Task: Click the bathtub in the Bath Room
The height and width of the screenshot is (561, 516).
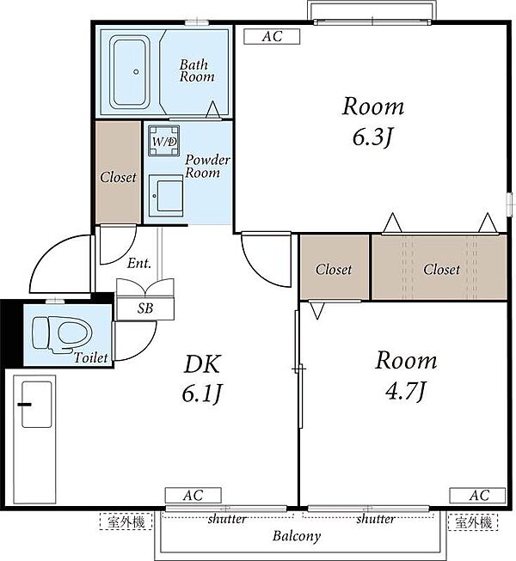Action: [130, 72]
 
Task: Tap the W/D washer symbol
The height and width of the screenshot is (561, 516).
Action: [164, 141]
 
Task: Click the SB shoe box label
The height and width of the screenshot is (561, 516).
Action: [145, 308]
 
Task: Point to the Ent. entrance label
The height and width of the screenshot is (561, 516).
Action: [139, 264]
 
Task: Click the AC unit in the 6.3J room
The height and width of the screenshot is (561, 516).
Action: [272, 36]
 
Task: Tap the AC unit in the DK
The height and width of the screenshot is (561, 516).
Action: [193, 496]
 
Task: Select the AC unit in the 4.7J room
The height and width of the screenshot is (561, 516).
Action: [477, 496]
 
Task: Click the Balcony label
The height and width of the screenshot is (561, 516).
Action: [297, 536]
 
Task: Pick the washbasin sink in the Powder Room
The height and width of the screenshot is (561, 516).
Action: [166, 196]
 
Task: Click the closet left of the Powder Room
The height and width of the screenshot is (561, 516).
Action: [118, 172]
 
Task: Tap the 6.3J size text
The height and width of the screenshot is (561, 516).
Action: [372, 137]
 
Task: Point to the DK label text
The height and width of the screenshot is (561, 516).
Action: [202, 364]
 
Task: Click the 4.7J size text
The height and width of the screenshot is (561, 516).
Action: [406, 391]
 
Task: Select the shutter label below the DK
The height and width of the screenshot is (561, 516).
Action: [227, 518]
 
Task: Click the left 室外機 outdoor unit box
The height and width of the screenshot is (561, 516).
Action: [126, 521]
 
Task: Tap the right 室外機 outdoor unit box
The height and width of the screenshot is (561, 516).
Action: [473, 521]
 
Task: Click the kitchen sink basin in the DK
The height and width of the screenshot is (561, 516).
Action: [36, 405]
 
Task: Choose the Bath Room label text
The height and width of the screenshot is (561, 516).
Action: [197, 70]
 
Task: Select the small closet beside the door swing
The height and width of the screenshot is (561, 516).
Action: [335, 267]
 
